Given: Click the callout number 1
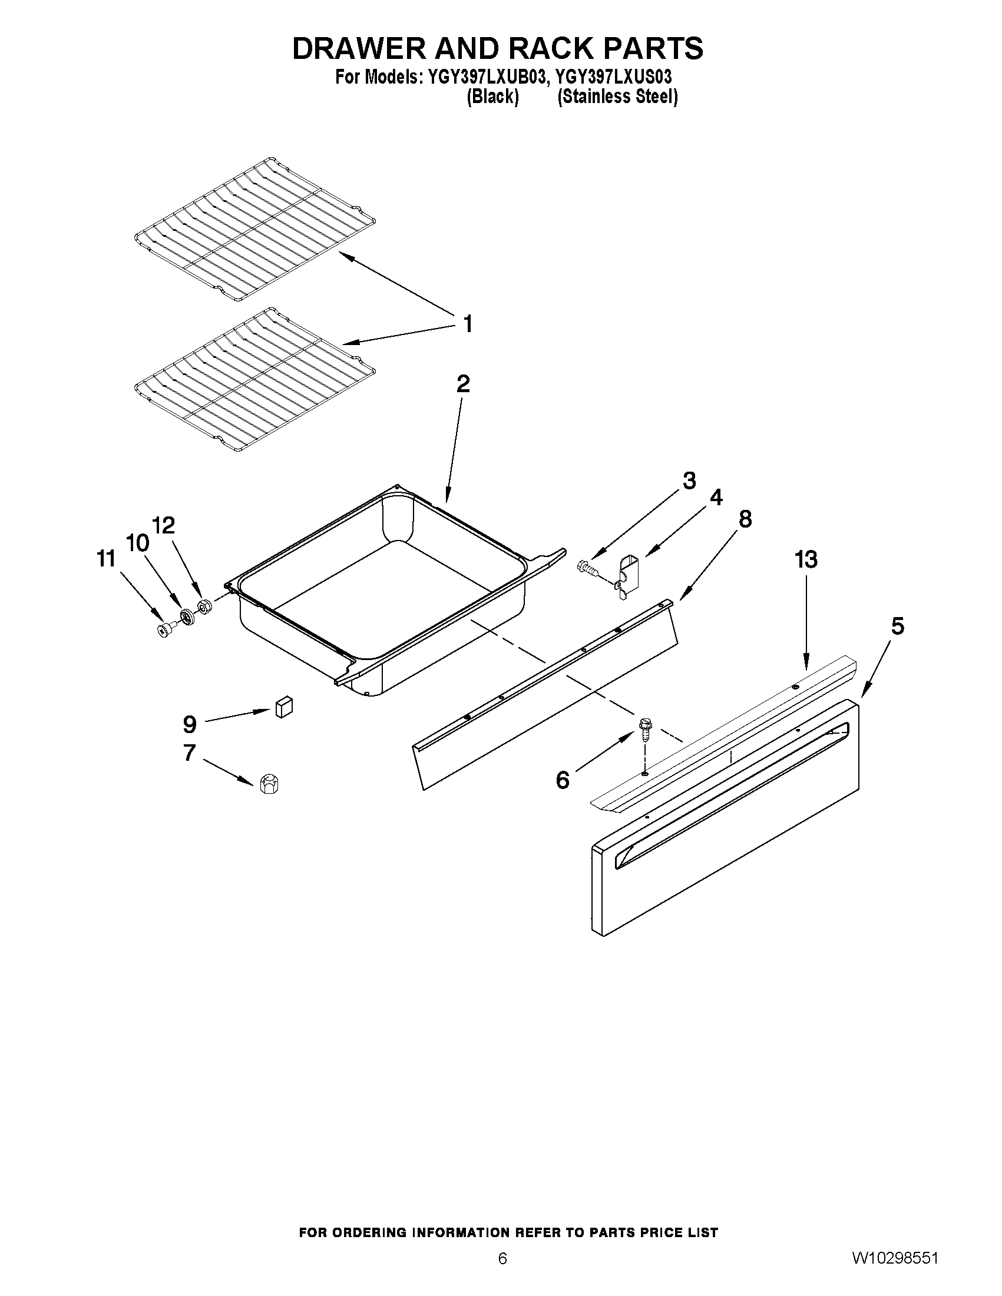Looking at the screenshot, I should pos(468,324).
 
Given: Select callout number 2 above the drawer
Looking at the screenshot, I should pos(463,384).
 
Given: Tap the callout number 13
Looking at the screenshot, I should pos(806,559).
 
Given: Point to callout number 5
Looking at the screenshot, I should pos(897,626).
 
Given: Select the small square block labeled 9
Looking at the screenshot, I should pos(285,707).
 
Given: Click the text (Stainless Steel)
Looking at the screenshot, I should pos(617,97).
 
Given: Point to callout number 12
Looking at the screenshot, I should pos(164,525).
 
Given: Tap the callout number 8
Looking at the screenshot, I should pos(745,519).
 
